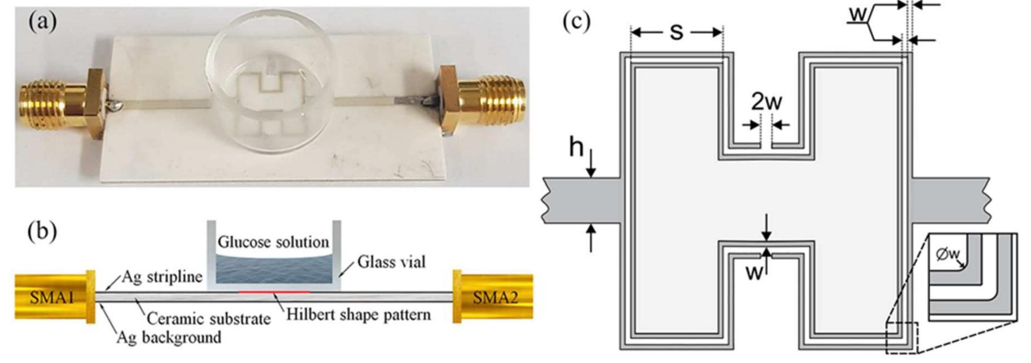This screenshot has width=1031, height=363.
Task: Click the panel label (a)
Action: point(42,22)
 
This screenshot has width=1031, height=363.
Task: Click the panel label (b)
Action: point(42,231)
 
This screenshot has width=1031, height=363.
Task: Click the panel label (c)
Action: point(576,22)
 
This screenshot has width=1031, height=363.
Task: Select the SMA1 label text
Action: point(50,298)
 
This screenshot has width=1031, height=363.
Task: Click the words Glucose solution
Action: point(273,242)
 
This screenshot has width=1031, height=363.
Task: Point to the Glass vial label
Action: point(391,261)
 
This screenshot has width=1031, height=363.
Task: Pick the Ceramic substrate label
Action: point(208,318)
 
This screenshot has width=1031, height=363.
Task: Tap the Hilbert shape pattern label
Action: point(358,314)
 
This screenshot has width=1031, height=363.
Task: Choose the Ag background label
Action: point(169,337)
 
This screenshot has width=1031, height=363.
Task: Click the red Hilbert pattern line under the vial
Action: point(274,291)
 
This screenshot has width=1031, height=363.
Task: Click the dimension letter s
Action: point(676,32)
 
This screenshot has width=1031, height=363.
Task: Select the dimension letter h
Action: point(576,148)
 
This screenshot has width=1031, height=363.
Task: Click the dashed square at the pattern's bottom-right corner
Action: point(902,338)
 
